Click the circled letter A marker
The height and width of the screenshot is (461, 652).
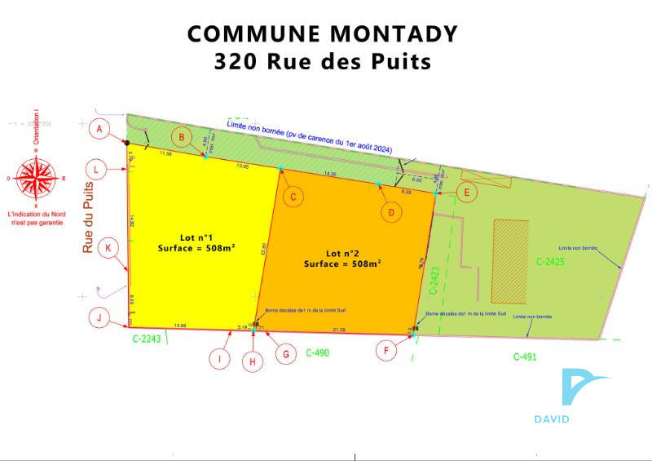click(x=100, y=129)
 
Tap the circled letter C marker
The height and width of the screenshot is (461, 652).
click(x=293, y=197)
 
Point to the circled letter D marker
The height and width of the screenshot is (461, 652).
click(x=392, y=212)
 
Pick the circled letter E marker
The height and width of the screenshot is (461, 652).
click(x=466, y=193)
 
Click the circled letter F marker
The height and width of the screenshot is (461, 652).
click(x=387, y=351)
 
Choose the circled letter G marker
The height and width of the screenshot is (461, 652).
click(x=285, y=354)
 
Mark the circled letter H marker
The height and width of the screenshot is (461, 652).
click(x=253, y=361)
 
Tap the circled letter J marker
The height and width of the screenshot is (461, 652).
click(x=99, y=318)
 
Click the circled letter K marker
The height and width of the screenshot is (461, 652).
click(x=108, y=248)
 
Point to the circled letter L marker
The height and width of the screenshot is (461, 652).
click(x=98, y=170)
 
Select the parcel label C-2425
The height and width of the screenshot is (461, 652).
click(x=550, y=262)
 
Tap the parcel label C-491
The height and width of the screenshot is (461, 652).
click(x=526, y=357)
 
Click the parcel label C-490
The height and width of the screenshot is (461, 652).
click(x=320, y=353)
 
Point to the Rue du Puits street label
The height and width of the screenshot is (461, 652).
click(x=88, y=218)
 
